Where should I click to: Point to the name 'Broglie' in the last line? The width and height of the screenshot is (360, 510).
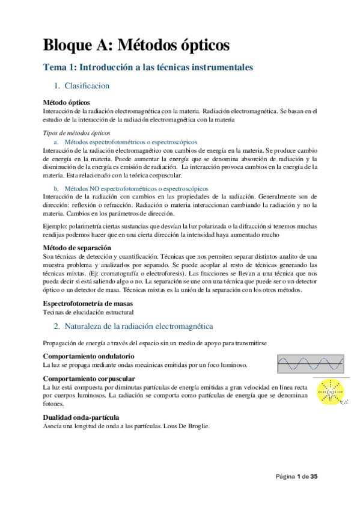198,426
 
